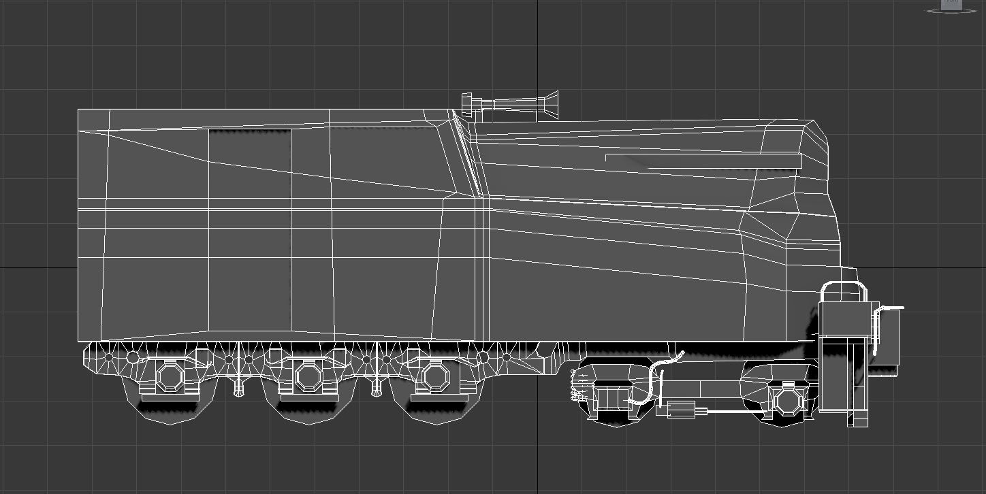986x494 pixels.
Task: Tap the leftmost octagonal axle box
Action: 169,376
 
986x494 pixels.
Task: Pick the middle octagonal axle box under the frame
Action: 308,376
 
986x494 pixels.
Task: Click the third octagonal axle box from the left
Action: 433,376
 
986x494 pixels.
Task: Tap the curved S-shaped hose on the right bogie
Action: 655,378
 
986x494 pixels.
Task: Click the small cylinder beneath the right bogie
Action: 680,410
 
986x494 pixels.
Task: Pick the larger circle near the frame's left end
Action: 133,356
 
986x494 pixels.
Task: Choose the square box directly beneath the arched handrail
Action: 845,318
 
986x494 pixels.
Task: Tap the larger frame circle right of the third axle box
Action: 483,357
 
